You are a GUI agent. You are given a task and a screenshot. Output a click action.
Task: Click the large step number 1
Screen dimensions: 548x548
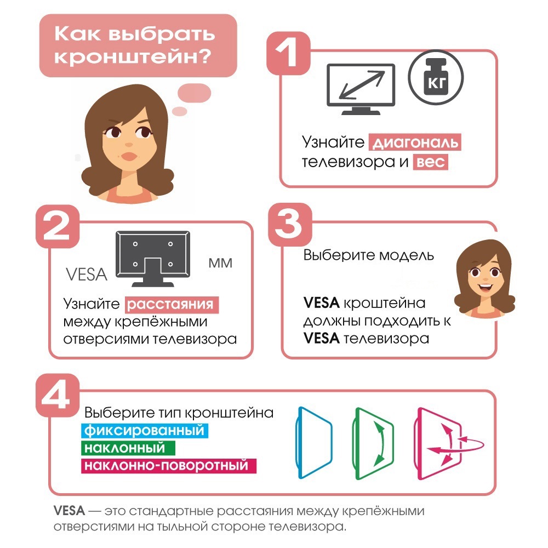(x=288, y=54)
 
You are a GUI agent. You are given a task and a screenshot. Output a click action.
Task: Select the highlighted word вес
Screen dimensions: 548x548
(x=431, y=162)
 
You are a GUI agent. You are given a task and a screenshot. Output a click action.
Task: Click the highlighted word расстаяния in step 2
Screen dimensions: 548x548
(x=172, y=304)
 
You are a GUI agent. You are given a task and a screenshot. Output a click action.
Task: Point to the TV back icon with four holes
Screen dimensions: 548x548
(x=153, y=258)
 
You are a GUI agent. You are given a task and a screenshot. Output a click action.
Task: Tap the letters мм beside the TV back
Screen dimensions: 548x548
(x=220, y=264)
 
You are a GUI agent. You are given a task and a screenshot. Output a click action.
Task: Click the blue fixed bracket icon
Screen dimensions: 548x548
(x=313, y=443)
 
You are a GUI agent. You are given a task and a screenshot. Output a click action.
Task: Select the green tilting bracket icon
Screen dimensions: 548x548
(x=373, y=443)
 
